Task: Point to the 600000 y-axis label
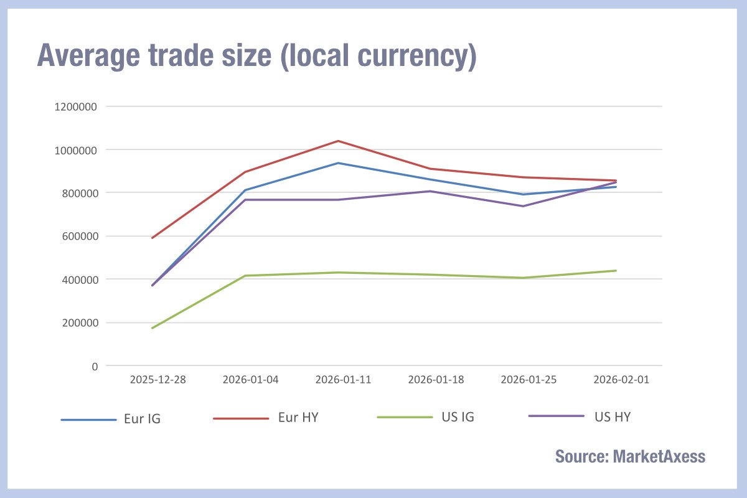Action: [77, 236]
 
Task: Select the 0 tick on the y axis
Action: [94, 366]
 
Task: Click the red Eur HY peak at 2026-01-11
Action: [338, 141]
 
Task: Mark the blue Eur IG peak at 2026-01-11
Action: [338, 163]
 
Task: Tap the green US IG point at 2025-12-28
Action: [153, 328]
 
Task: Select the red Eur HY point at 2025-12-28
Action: [153, 238]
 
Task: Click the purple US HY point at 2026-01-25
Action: [524, 206]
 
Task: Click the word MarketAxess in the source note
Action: [659, 456]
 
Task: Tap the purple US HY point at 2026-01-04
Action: [245, 200]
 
